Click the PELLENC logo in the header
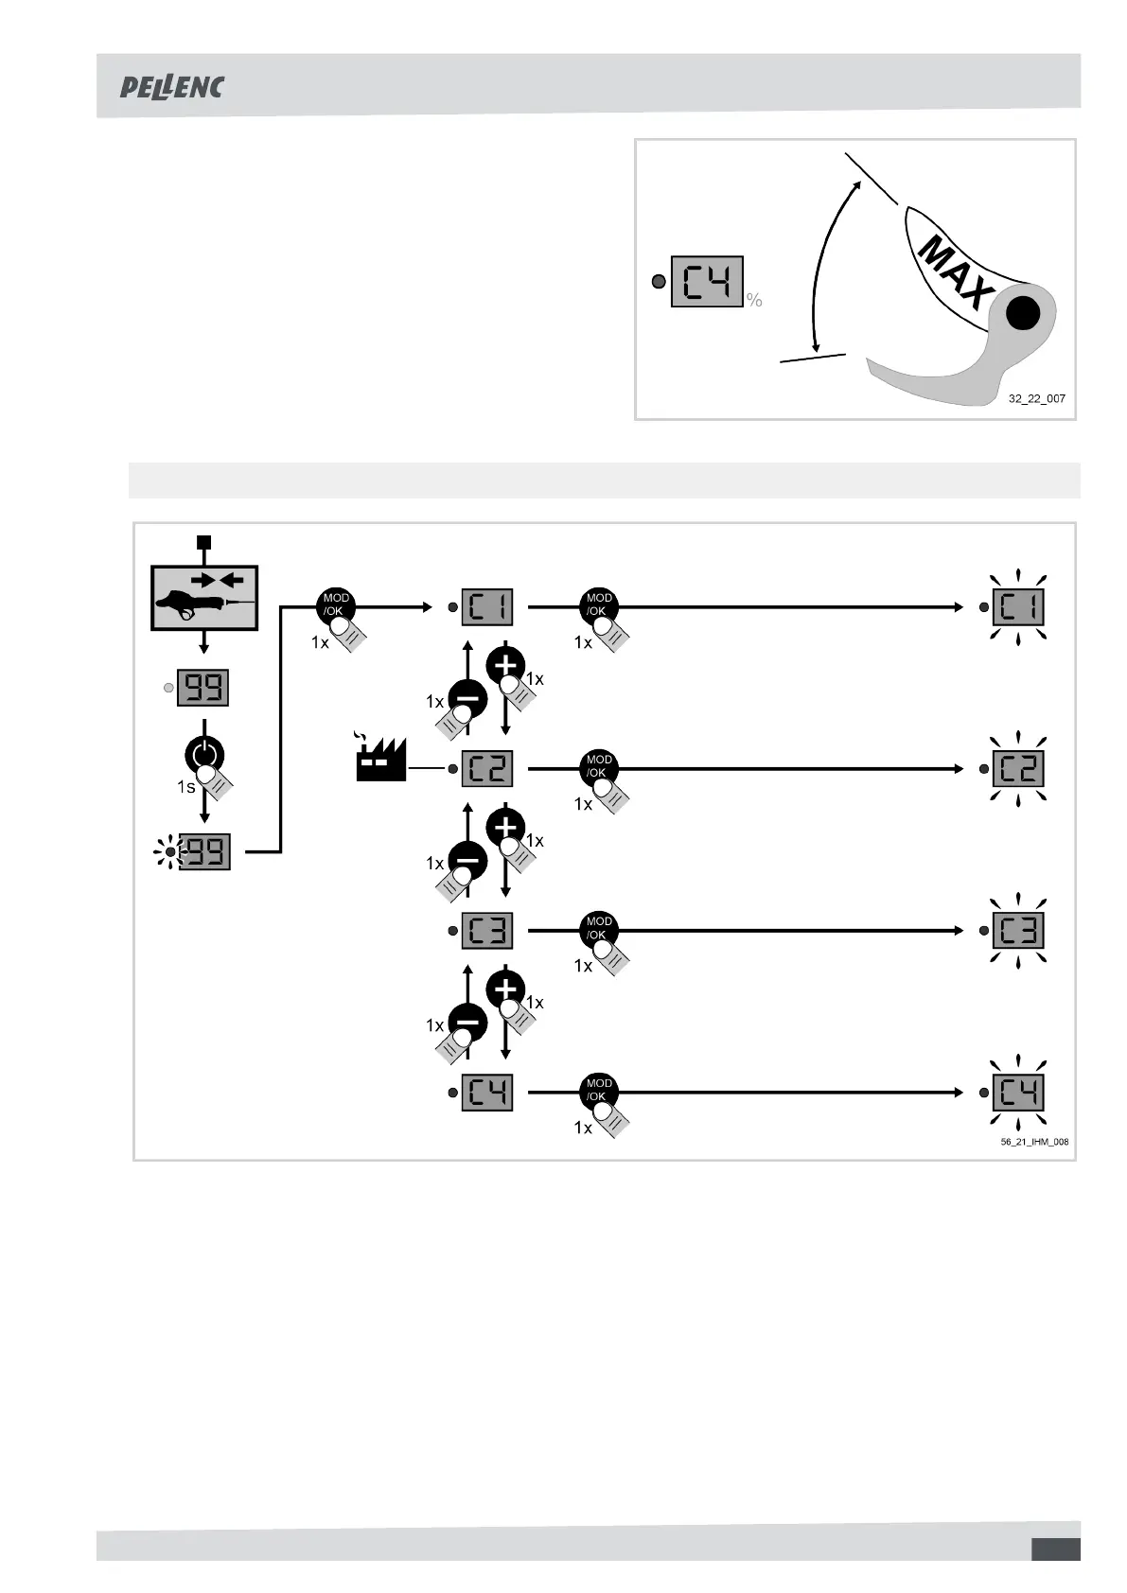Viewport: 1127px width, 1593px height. pos(171,87)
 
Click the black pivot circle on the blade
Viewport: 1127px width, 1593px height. pos(1022,313)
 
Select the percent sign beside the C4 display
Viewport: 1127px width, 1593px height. pos(754,300)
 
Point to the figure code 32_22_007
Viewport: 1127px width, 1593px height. pos(1036,398)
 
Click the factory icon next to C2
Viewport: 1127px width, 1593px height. pos(379,761)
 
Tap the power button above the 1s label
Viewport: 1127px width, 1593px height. pos(203,754)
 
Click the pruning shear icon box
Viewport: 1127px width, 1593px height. pos(204,598)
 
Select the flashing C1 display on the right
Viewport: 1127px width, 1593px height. pos(1017,607)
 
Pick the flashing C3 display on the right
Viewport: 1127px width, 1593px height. pos(1017,931)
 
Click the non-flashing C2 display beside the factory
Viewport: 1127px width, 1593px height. pos(486,769)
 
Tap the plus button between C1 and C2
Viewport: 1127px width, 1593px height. pos(505,665)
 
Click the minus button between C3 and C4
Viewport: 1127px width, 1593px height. pos(467,1023)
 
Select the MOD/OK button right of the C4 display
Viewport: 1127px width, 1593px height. pos(599,1092)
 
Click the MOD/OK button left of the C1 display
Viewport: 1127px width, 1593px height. pos(336,605)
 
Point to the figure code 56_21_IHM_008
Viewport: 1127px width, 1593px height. pos(1034,1142)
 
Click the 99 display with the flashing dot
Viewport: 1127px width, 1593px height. pos(203,853)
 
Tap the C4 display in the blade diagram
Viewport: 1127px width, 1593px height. pos(707,282)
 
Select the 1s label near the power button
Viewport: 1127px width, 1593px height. pos(185,787)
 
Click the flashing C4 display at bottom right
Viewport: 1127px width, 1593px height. pos(1017,1093)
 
